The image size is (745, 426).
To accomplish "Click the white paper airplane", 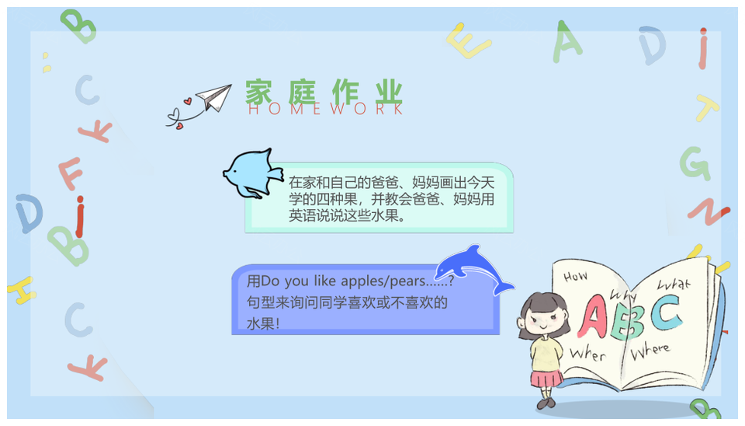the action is coord(215,97).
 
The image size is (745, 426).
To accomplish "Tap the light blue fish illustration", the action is coord(251,173).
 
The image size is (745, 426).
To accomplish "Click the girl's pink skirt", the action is coord(546,379).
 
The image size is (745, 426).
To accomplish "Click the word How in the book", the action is coord(575,276).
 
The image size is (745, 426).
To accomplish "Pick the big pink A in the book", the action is coord(592,316).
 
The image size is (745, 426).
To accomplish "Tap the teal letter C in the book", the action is coord(666,312).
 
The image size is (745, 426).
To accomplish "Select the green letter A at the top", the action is coord(566,42).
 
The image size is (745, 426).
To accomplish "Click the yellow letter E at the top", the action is coord(467,41).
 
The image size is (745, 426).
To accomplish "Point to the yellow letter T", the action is coord(706,107).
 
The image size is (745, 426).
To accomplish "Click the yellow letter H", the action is coord(22,290).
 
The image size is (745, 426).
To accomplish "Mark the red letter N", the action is coord(709,211).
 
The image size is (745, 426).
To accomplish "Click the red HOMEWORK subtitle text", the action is coord(325,109).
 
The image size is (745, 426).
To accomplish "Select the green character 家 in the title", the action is coord(259,92).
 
